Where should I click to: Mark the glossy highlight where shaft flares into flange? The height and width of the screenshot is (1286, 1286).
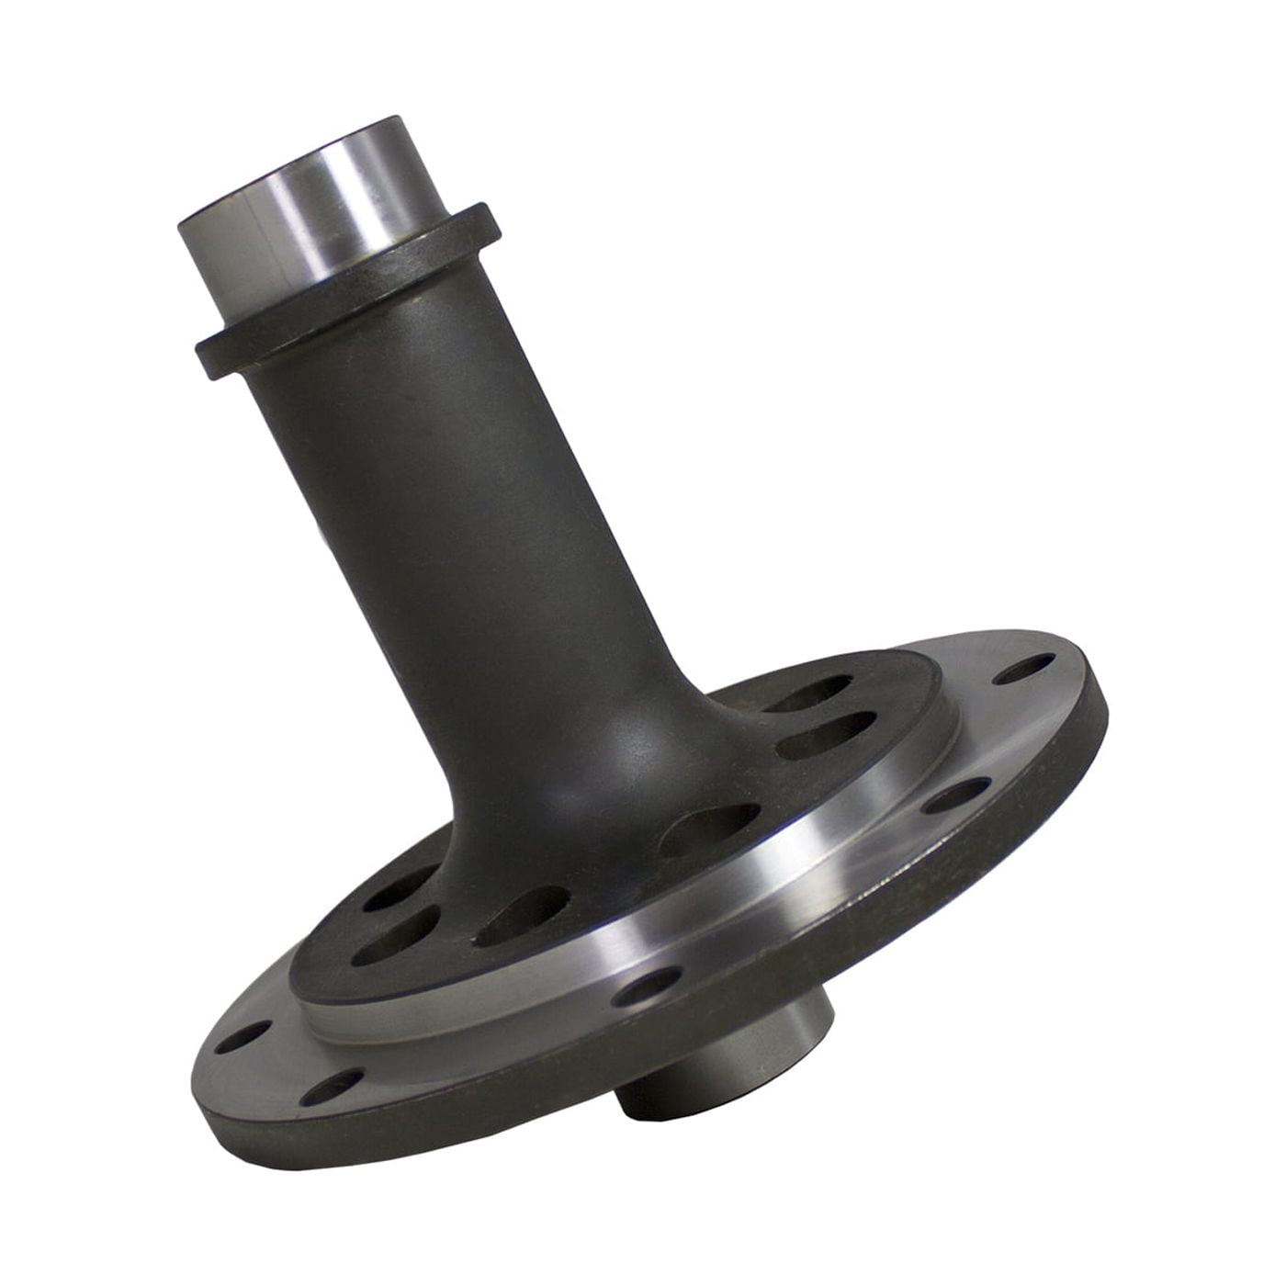point(615,735)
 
